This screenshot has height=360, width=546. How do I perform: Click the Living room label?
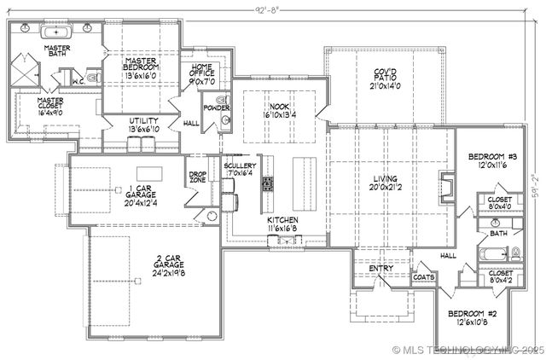point(383,179)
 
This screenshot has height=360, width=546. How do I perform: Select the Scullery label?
point(240,166)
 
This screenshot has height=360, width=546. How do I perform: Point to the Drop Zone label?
point(197,178)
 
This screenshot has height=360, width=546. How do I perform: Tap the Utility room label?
point(143,121)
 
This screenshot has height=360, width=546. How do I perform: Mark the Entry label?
point(380,269)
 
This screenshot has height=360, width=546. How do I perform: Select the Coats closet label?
point(423,276)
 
